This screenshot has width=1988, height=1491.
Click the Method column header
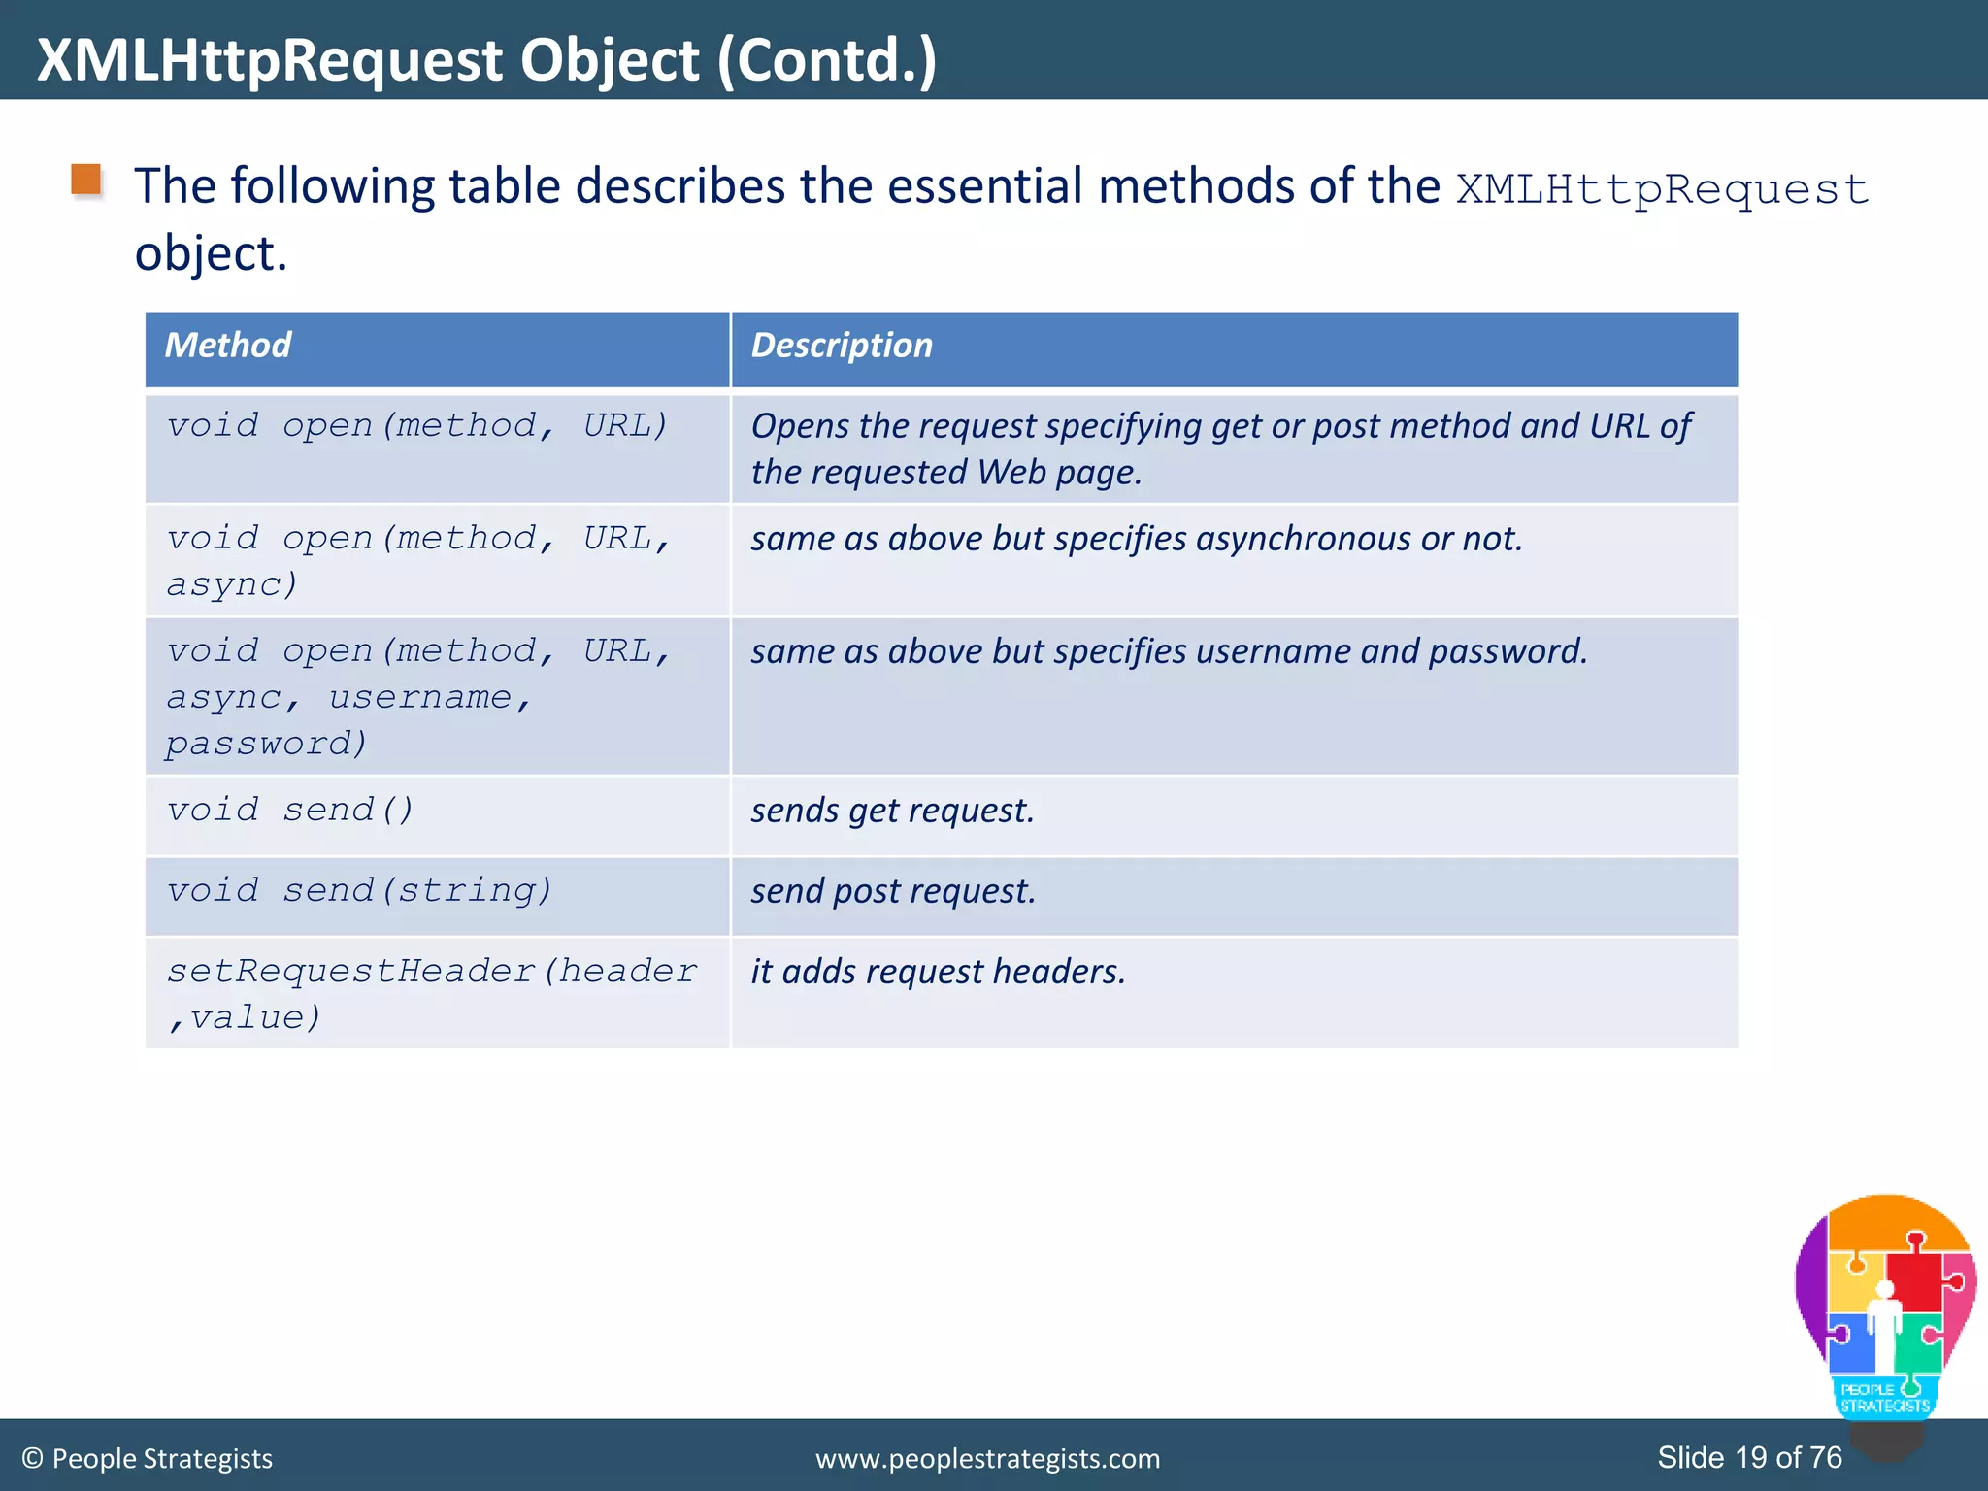228,346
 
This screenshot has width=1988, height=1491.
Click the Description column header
842,346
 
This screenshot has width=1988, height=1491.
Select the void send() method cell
290,810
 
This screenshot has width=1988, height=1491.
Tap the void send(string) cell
359,890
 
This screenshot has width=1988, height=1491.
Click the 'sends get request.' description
892,811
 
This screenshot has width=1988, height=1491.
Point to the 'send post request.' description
893,891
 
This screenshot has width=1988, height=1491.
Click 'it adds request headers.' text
938,972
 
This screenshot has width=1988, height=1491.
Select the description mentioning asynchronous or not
1136,539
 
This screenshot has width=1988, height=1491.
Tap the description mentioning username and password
1169,651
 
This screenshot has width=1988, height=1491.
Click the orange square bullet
86,181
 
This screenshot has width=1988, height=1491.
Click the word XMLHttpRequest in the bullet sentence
1662,188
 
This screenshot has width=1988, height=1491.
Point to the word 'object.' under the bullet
211,253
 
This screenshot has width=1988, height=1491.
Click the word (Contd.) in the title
827,60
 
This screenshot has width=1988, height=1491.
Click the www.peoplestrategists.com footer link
987,1458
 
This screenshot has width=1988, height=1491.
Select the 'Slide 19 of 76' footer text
1749,1457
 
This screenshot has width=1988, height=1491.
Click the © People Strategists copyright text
148,1458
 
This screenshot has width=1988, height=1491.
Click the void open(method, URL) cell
417,426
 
